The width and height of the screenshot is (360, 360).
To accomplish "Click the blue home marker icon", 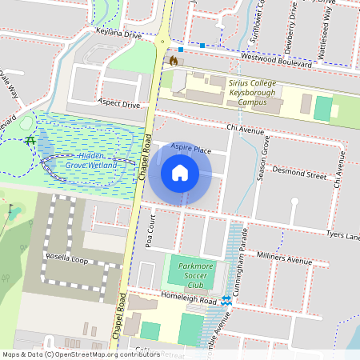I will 180,174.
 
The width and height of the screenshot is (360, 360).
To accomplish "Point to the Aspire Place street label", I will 190,150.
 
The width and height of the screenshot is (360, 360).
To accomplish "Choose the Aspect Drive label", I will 118,104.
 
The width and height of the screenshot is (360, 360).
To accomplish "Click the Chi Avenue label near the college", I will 245,128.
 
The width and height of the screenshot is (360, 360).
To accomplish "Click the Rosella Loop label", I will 66,258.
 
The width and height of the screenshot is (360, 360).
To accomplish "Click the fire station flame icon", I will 173,60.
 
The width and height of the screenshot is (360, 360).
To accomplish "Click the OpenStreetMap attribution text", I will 81,354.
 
